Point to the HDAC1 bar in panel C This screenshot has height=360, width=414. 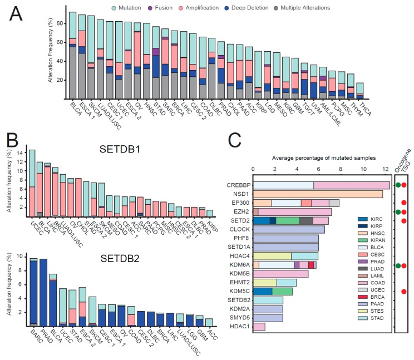coord(259,327)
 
